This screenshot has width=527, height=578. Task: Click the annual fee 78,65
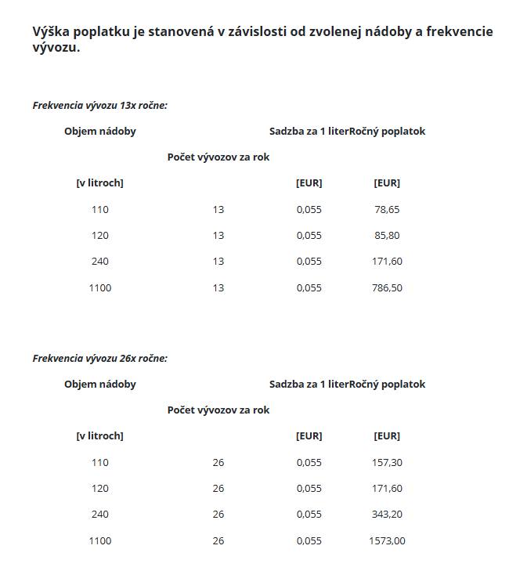387,209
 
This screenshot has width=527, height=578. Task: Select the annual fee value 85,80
387,235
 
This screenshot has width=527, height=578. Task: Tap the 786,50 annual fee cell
387,287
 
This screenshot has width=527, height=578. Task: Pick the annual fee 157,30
387,462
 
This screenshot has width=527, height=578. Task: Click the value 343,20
387,514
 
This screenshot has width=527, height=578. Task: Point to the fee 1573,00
387,540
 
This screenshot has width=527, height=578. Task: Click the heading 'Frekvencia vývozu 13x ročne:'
100,105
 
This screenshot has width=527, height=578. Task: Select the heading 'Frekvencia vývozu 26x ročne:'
100,358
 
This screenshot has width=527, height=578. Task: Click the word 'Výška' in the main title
52,32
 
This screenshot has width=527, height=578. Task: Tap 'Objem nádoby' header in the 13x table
100,131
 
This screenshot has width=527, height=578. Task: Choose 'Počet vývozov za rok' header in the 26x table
218,410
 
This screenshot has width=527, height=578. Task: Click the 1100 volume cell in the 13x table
100,287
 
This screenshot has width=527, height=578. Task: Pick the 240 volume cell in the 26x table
100,514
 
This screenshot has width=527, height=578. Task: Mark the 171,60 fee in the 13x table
387,261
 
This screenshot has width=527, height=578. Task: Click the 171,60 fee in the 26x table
387,488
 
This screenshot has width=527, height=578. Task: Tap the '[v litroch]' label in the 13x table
100,182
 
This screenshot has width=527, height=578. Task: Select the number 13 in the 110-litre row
218,209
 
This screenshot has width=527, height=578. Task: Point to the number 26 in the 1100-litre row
218,540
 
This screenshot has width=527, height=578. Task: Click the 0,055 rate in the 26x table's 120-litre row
309,488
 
